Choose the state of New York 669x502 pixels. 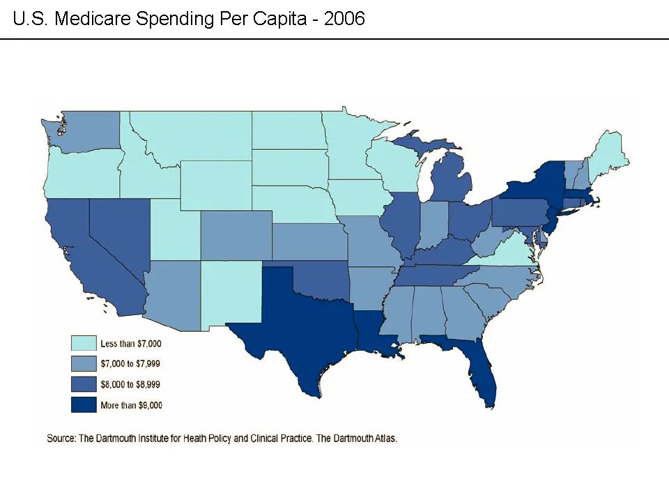pyautogui.click(x=537, y=183)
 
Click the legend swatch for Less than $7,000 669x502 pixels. pyautogui.click(x=83, y=343)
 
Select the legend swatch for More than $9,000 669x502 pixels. pyautogui.click(x=83, y=404)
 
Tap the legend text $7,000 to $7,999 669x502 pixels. pyautogui.click(x=130, y=364)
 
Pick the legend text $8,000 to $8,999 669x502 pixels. pyautogui.click(x=130, y=384)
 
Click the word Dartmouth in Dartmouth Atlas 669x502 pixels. pyautogui.click(x=352, y=439)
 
